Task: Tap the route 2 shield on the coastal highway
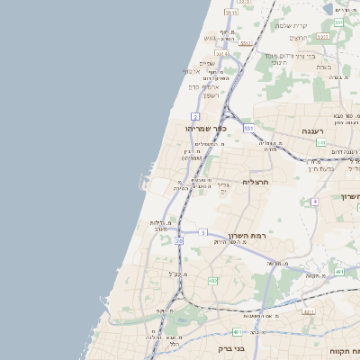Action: point(194,117)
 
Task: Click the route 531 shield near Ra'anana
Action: point(248,129)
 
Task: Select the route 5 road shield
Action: point(203,233)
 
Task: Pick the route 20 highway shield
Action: point(179,241)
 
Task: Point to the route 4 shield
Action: point(314,202)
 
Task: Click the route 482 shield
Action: point(212,282)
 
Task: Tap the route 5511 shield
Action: point(231,13)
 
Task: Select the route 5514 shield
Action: point(221,54)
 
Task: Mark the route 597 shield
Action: point(338,22)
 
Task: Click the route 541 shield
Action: point(320,142)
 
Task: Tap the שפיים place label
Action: point(206,62)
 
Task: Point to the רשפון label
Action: point(211,94)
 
